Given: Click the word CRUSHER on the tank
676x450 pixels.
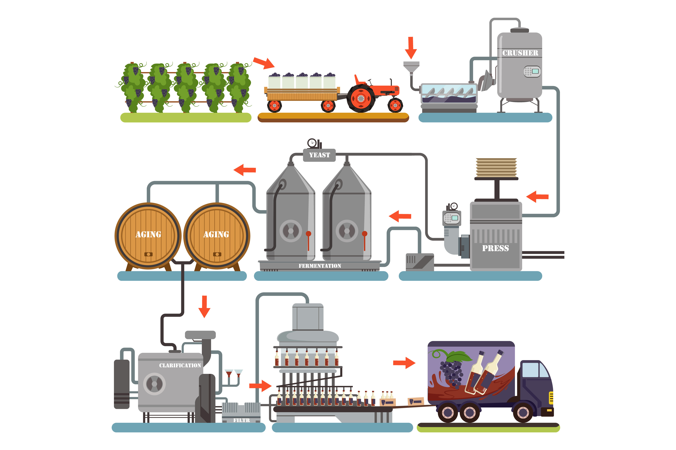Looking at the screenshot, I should [520, 53].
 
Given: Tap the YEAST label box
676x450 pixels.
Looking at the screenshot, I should [319, 155].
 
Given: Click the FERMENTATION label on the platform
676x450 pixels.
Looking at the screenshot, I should [320, 266].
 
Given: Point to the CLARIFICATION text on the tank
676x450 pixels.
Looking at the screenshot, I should [180, 365].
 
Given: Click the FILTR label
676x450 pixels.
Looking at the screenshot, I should [241, 420].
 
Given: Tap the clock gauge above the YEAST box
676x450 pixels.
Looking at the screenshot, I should [312, 143].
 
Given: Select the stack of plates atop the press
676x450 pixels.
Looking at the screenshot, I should [496, 167].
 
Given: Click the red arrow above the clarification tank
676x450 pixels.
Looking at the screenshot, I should [204, 306].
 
